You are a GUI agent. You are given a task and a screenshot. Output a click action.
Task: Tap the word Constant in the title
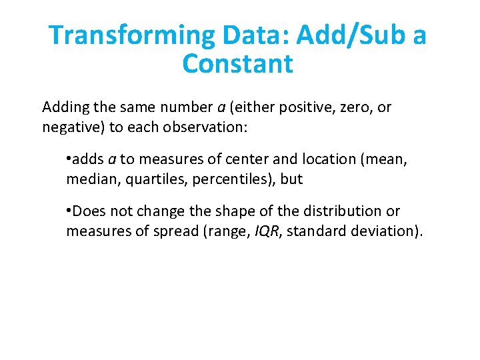(x=237, y=65)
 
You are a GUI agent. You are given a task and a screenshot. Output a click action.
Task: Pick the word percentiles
(x=230, y=179)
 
